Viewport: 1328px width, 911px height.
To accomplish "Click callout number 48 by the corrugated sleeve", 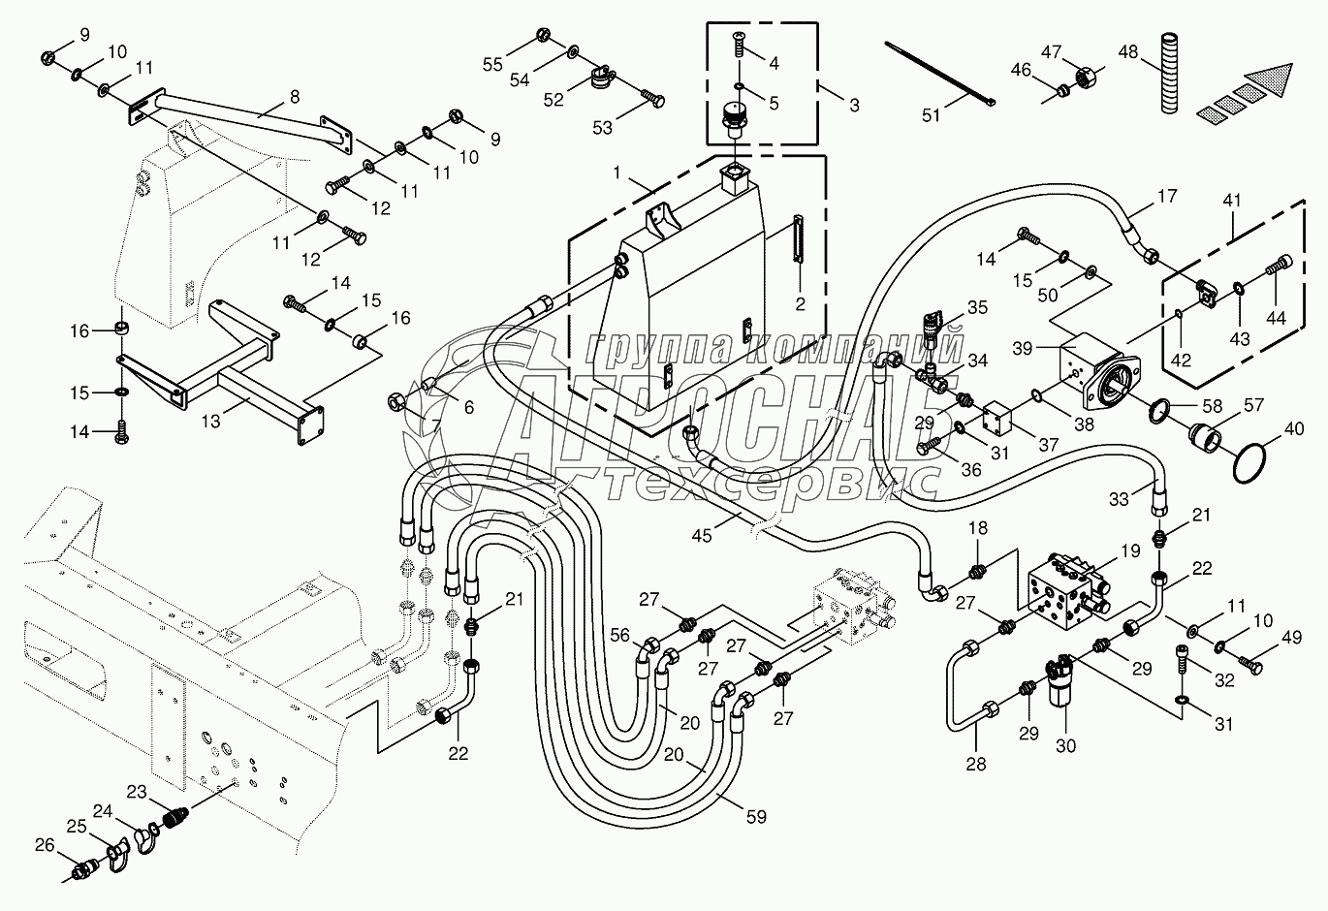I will click(1128, 50).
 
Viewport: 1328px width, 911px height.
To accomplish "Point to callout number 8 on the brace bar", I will click(294, 96).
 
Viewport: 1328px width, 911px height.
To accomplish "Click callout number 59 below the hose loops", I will click(756, 817).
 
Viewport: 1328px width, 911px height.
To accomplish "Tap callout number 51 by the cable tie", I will click(931, 115).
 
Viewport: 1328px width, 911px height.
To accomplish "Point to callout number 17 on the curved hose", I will click(1167, 197).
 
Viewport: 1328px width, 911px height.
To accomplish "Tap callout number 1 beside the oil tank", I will click(617, 172).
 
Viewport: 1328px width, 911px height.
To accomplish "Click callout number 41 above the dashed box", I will click(1231, 201).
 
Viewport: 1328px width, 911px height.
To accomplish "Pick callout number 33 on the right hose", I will click(1119, 499).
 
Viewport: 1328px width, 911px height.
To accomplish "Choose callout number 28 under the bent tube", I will click(975, 764).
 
